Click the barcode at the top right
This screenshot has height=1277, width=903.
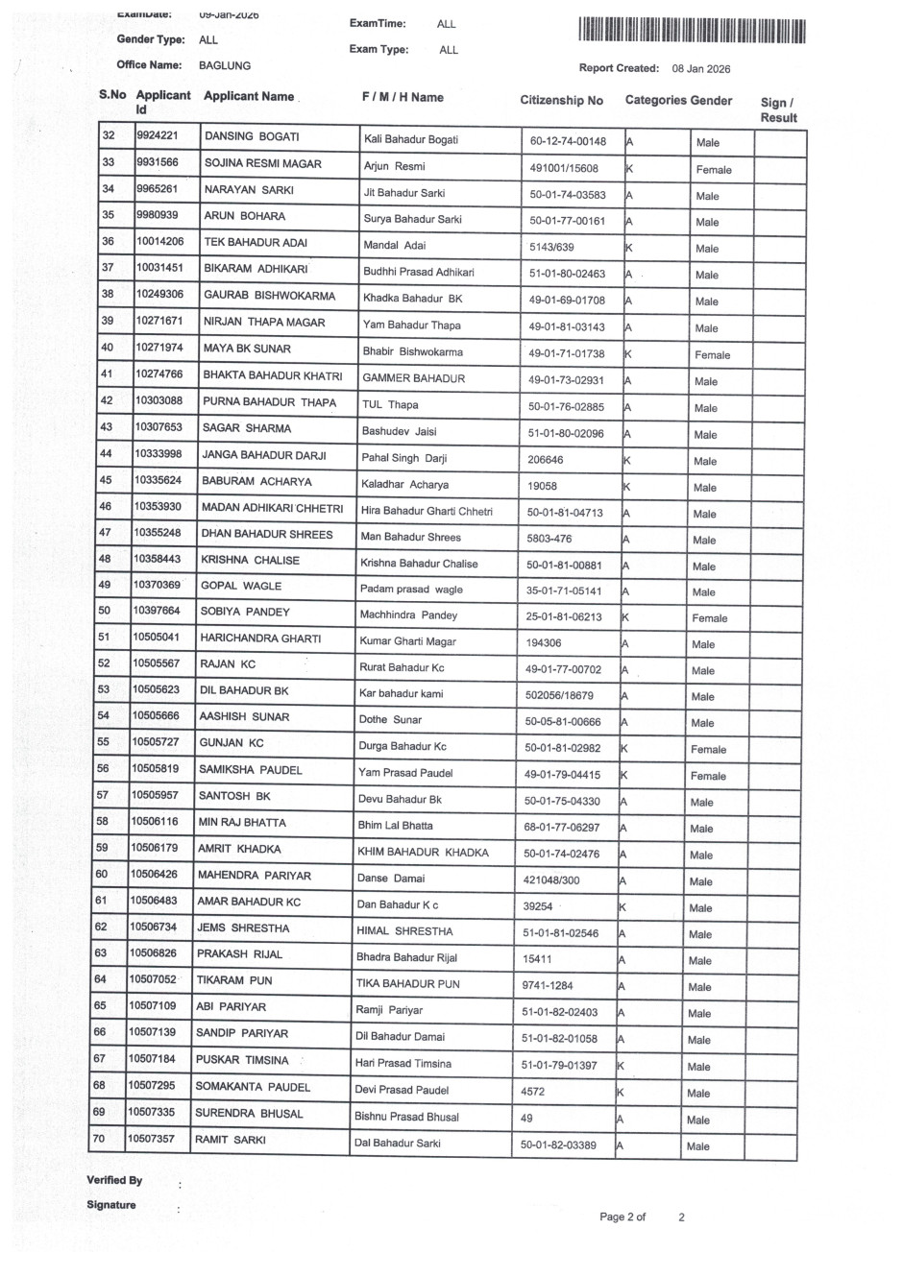692,31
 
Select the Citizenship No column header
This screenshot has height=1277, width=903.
561,100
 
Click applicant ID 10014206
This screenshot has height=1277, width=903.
159,242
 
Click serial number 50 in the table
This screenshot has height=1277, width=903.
105,611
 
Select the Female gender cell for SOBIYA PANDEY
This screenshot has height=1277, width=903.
709,618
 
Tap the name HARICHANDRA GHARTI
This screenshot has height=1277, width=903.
260,638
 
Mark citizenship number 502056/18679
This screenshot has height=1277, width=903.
559,695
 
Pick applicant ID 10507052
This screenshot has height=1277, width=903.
153,979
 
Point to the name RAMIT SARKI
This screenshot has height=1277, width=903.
231,1140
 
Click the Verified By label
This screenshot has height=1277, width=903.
114,1180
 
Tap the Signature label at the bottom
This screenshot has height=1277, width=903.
111,1205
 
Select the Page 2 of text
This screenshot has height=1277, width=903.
622,1217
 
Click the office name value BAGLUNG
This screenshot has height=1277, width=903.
225,65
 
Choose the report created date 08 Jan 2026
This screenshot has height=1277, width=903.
701,68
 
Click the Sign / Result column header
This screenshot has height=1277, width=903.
778,110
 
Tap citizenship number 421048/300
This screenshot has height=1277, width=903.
550,879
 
